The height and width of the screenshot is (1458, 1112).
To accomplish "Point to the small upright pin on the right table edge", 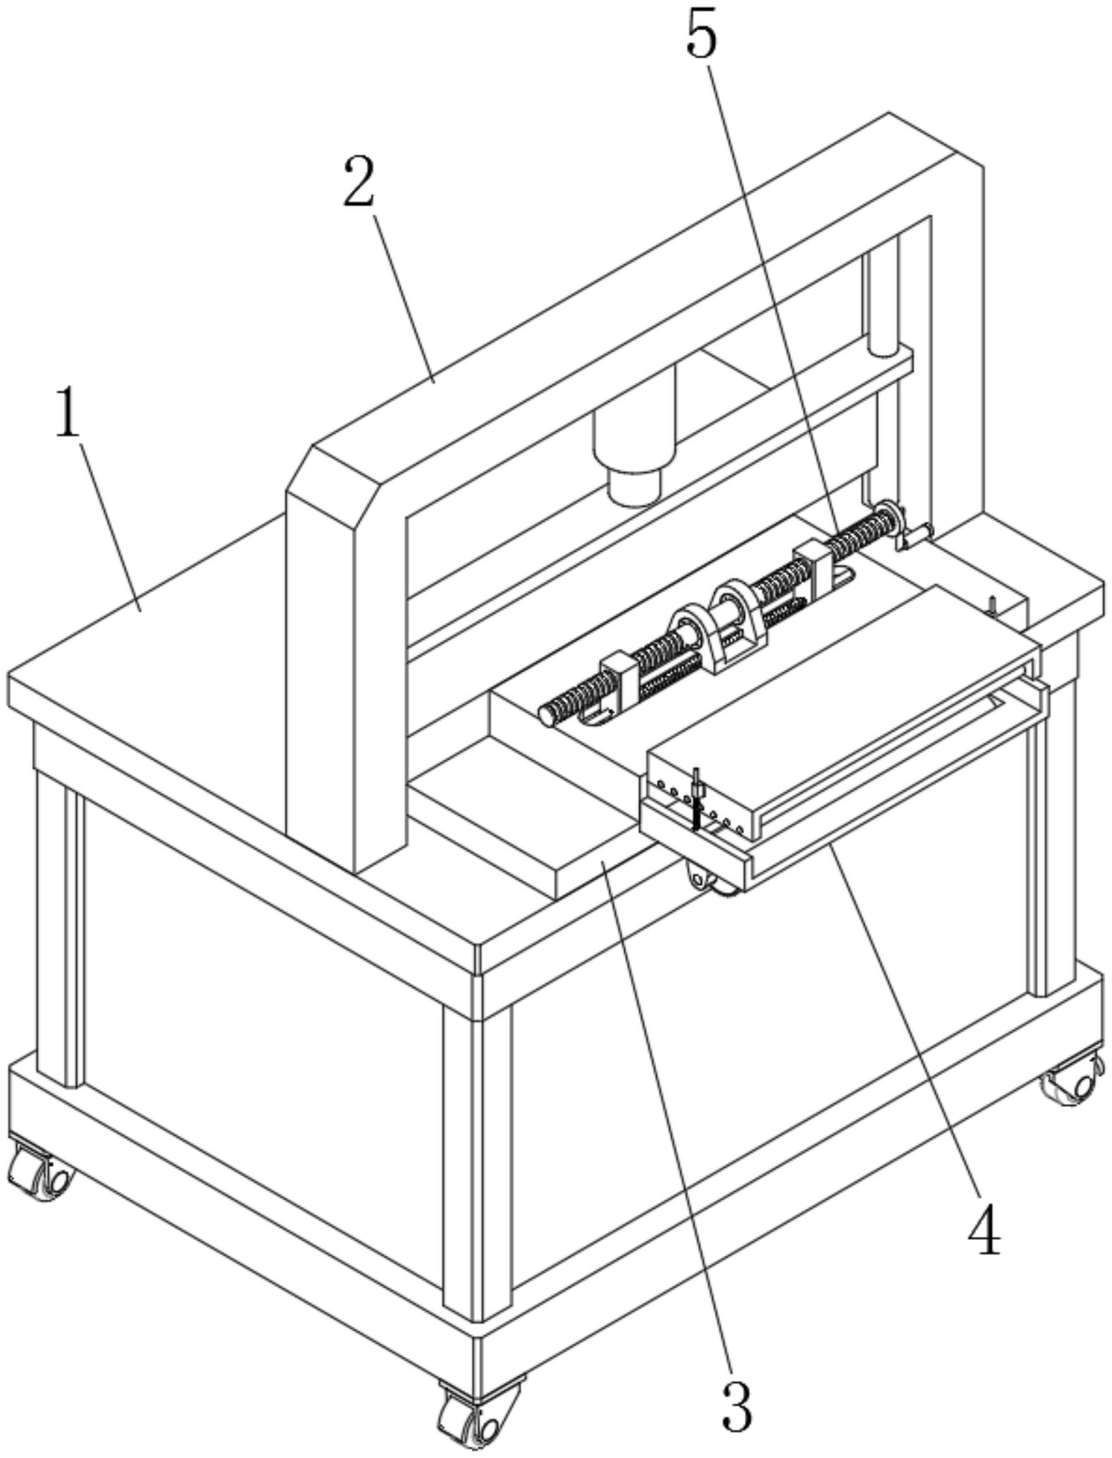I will (x=992, y=606).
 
